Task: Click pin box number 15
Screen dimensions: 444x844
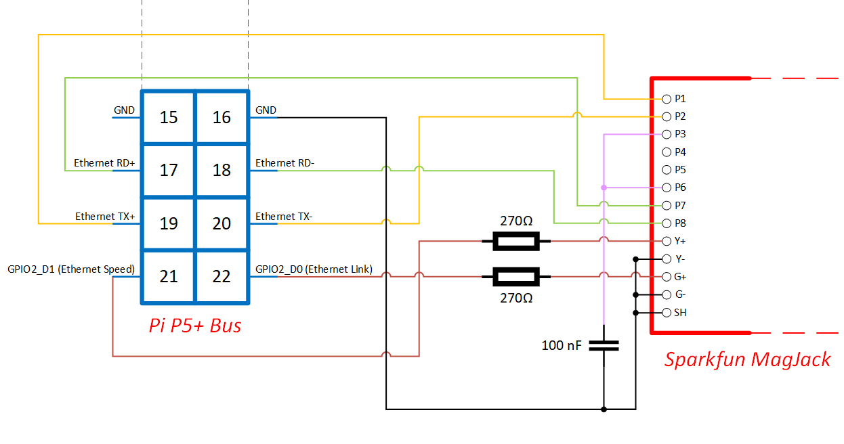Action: (x=169, y=117)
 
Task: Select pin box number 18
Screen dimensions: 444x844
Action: (x=221, y=170)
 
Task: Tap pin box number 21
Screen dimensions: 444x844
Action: (x=169, y=276)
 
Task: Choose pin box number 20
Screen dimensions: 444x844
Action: (x=221, y=223)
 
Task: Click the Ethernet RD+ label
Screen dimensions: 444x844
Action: (x=104, y=163)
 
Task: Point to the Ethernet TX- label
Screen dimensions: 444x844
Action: (x=284, y=217)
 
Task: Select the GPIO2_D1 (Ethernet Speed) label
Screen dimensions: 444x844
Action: (x=71, y=269)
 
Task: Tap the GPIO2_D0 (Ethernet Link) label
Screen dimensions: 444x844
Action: (x=314, y=269)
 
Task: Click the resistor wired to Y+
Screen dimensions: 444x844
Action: (x=516, y=241)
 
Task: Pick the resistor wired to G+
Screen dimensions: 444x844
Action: (x=516, y=276)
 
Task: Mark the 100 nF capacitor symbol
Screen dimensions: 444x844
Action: (x=604, y=345)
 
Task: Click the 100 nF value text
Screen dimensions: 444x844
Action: (x=561, y=345)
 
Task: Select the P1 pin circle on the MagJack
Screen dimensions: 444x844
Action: (x=667, y=99)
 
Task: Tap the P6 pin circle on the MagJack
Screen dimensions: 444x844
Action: (x=667, y=187)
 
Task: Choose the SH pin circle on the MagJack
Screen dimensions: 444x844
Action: (x=667, y=313)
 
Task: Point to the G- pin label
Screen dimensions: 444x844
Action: (x=681, y=294)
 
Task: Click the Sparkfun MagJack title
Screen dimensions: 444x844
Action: (x=747, y=359)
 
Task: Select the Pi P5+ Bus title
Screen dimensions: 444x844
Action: (x=195, y=326)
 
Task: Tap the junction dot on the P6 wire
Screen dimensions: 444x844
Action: (x=604, y=187)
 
